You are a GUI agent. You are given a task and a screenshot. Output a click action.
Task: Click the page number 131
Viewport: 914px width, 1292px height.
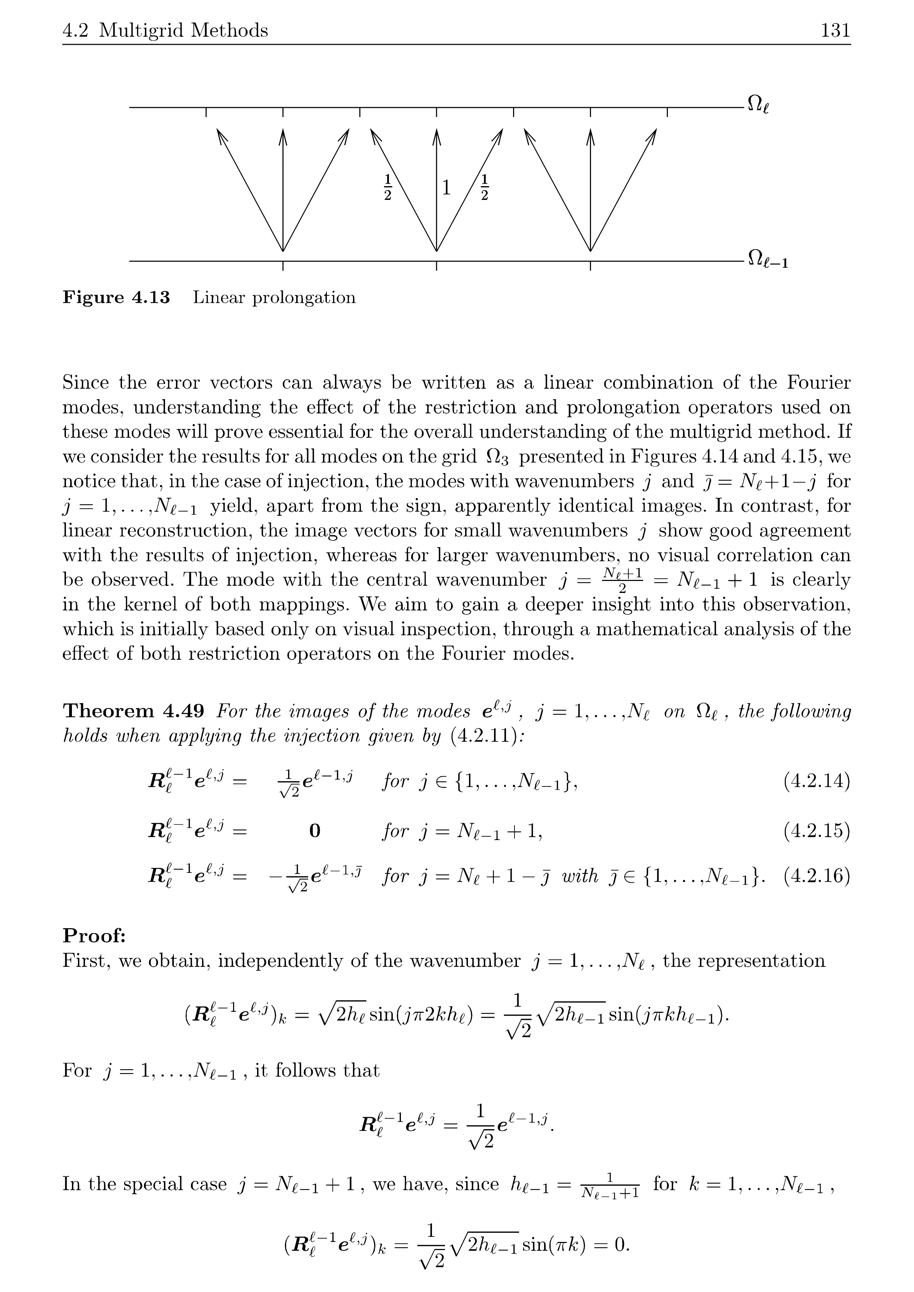click(x=835, y=30)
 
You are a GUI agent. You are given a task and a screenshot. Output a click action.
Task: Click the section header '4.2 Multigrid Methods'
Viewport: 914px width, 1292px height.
click(x=165, y=30)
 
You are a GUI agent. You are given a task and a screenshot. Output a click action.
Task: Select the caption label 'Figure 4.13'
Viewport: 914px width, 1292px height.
click(x=116, y=297)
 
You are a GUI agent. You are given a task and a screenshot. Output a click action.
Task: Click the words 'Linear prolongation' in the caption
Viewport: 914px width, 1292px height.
click(x=274, y=297)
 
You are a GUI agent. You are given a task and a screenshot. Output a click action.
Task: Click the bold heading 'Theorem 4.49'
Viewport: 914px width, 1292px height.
click(x=133, y=711)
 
